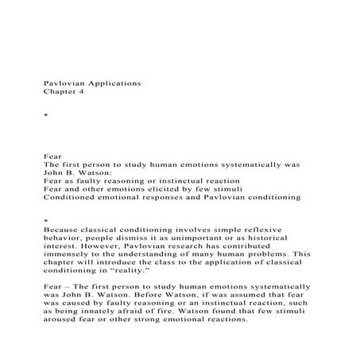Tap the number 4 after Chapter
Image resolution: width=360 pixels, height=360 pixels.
click(x=80, y=92)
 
